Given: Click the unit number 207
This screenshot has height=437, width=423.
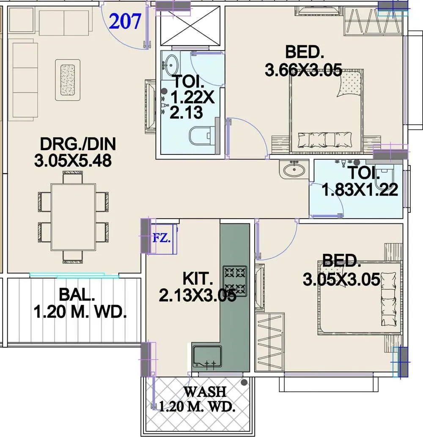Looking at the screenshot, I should coord(125,21).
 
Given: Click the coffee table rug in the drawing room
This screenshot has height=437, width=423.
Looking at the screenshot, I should coord(68,80).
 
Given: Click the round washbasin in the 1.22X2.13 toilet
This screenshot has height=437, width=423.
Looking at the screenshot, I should coord(172,63).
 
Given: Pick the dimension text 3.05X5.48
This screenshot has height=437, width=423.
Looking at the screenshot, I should coord(73,161).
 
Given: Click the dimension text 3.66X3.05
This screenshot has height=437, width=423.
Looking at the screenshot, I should coord(303,70).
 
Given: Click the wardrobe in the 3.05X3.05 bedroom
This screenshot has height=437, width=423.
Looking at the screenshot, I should coord(269,342).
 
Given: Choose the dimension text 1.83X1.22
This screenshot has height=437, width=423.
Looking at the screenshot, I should coord(360,190).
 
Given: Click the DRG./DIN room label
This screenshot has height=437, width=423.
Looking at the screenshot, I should coord(77,144).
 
